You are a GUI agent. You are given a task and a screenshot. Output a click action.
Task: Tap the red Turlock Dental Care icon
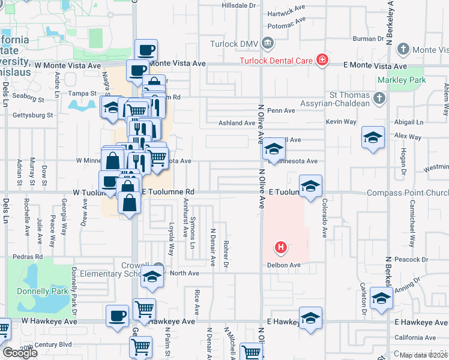(x=322, y=60)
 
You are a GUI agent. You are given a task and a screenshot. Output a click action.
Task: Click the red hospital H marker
(x=280, y=247)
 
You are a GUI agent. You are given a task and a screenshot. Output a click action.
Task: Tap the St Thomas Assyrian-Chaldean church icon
(x=379, y=97)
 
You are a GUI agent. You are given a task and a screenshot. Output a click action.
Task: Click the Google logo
(x=20, y=353)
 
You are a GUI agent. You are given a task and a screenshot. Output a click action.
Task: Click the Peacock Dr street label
(x=411, y=259)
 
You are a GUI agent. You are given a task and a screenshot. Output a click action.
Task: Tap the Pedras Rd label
(x=31, y=257)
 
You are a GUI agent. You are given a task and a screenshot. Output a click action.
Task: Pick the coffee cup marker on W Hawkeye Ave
(x=117, y=316)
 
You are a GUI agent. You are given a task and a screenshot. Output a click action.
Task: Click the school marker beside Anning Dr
(x=381, y=299)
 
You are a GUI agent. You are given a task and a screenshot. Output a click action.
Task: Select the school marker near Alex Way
(x=373, y=139)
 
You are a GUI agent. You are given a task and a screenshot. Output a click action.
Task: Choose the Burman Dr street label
(x=368, y=38)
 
